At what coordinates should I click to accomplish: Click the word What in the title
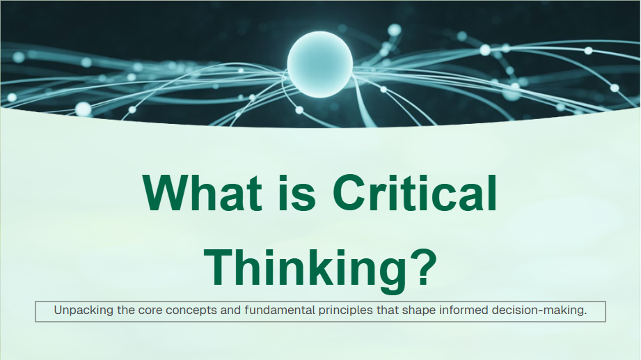(x=203, y=192)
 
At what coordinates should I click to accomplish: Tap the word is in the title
(x=297, y=192)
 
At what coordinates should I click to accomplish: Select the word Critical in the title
(x=415, y=192)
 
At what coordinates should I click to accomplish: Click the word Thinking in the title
(x=305, y=268)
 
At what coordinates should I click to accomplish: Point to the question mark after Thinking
(x=422, y=267)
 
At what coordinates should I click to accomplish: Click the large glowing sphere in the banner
(x=319, y=64)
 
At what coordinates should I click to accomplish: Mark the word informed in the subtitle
(x=463, y=310)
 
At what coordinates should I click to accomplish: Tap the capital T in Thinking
(x=219, y=267)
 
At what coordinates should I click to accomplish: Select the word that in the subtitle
(x=387, y=310)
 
